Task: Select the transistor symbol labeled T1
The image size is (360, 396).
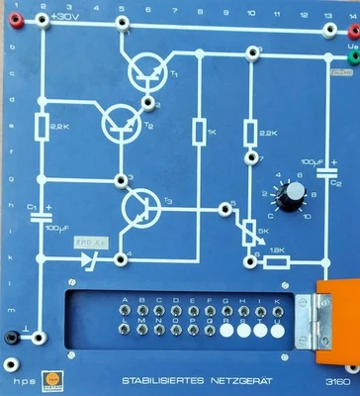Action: (147, 71)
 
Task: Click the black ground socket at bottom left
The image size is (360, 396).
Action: (12, 338)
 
